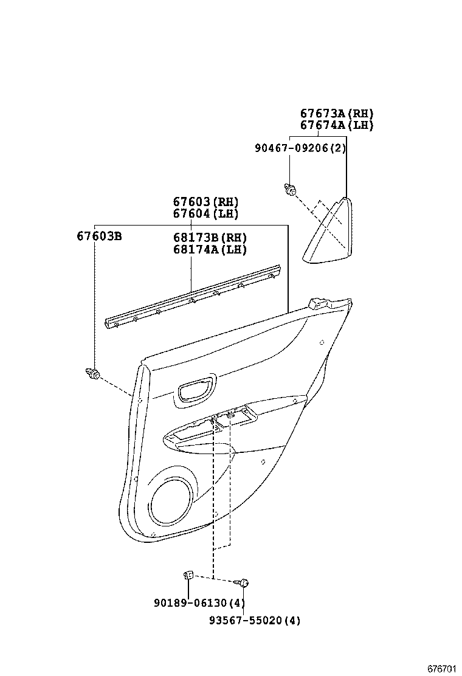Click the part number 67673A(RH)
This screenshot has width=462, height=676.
click(336, 113)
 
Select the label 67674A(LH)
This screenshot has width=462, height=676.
click(336, 126)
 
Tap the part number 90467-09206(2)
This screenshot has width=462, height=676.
click(300, 148)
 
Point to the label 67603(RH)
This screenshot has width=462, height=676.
click(205, 202)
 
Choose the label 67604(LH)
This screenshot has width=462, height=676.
click(205, 214)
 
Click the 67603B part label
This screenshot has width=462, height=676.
click(99, 236)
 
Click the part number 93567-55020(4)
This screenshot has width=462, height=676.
click(254, 621)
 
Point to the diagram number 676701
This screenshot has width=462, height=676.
click(441, 669)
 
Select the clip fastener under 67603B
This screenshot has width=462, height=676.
click(93, 374)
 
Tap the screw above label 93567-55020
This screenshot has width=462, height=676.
click(243, 583)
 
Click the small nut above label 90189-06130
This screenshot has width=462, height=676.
click(188, 574)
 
